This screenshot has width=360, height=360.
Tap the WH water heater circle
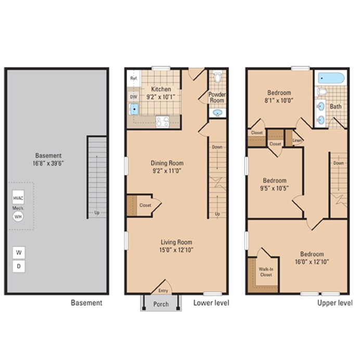pos(19,216)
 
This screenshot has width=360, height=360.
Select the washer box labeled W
pos(19,253)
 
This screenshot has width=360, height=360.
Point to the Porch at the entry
pos(161,304)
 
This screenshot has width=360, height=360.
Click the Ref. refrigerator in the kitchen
pos(133,79)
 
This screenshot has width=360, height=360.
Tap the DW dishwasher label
pos(133,97)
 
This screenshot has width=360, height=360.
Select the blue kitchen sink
pos(134,109)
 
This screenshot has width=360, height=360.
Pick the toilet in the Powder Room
pos(217,79)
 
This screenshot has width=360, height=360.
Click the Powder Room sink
pos(217,113)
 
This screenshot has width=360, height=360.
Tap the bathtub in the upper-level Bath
pos(330,79)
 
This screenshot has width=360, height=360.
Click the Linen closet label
pos(297,140)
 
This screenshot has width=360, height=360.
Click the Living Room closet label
pos(145,205)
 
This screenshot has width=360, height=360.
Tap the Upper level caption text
pos(335,303)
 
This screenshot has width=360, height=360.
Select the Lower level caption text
pos(211,303)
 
